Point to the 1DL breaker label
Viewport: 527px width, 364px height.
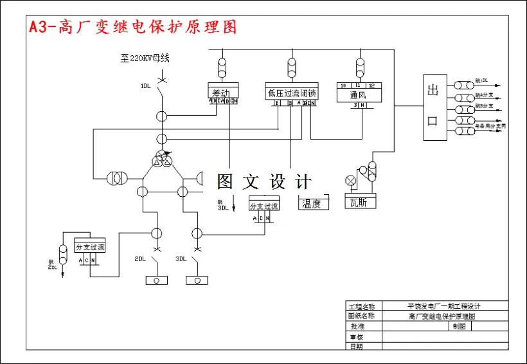point(146,86)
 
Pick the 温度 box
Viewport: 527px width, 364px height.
point(314,204)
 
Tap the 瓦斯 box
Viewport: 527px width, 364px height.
point(360,203)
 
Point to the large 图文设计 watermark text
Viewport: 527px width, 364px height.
point(263,182)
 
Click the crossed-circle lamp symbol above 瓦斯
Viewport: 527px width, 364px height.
point(351,180)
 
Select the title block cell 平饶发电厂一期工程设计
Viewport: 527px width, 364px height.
point(443,306)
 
